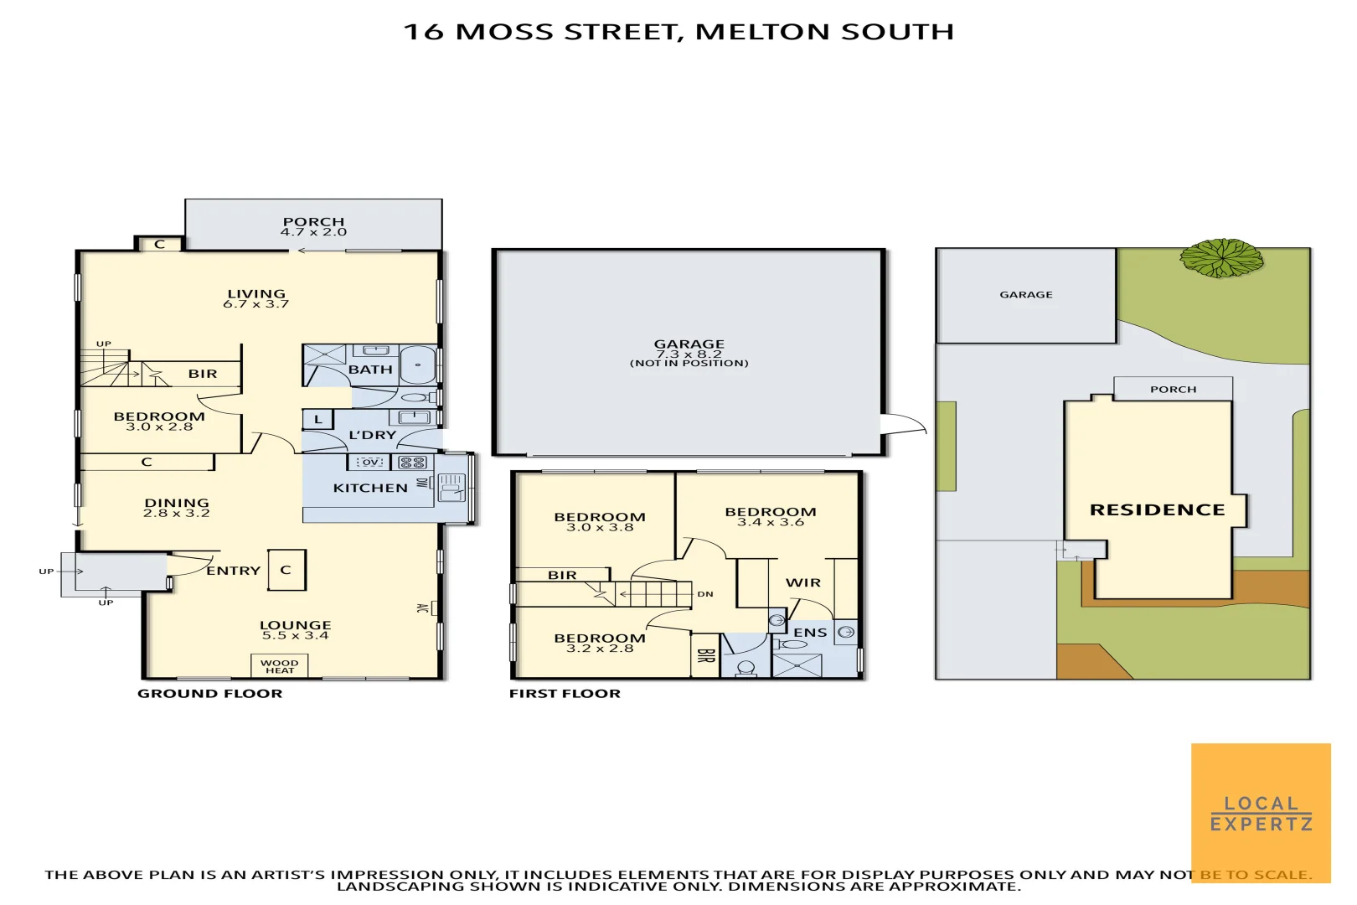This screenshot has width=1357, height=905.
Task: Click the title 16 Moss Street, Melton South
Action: tap(678, 32)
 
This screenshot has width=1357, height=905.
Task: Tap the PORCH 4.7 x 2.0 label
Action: tap(313, 226)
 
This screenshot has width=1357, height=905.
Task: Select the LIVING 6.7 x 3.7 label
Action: tap(256, 298)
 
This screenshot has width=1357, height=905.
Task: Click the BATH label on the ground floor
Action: tap(370, 370)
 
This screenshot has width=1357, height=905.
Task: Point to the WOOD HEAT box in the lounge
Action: tap(280, 666)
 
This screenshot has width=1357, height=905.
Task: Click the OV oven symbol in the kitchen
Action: tap(369, 462)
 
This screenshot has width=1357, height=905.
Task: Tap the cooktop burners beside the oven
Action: tap(412, 462)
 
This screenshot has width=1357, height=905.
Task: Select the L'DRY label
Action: tap(372, 435)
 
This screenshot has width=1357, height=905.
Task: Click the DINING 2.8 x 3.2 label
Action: tap(176, 508)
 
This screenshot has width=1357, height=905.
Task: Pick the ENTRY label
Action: tap(233, 571)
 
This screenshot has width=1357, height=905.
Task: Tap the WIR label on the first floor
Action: tap(802, 582)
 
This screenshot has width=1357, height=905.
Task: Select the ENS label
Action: tap(810, 633)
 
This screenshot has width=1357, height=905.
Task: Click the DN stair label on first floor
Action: tap(705, 594)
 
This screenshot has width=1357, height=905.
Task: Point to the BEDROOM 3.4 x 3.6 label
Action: tap(770, 516)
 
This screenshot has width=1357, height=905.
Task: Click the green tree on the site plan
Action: tap(1221, 257)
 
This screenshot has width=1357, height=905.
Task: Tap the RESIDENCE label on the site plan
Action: tap(1157, 509)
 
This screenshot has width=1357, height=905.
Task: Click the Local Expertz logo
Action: tap(1261, 812)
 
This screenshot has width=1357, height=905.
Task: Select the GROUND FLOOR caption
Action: tap(209, 693)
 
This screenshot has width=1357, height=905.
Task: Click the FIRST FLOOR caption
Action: tap(565, 693)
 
